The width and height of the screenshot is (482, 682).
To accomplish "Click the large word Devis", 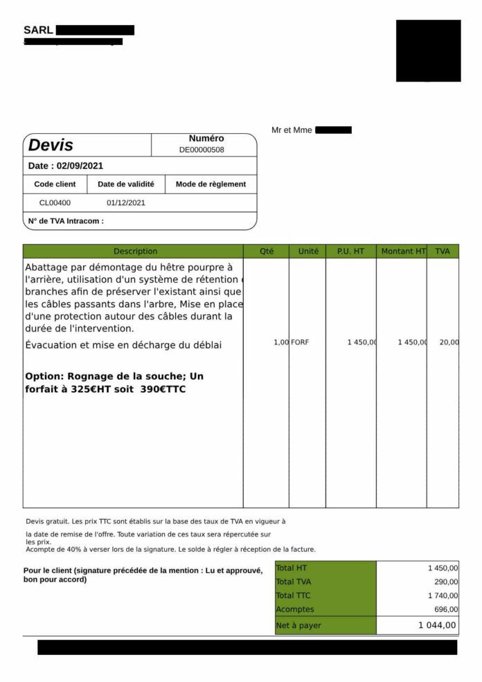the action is click(x=51, y=145).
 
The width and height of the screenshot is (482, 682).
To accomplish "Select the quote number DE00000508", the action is click(x=202, y=149).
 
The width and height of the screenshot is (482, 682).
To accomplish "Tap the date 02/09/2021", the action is click(x=80, y=166).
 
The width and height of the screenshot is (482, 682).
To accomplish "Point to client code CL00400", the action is click(x=55, y=203).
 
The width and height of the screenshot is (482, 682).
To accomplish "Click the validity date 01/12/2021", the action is click(x=126, y=203).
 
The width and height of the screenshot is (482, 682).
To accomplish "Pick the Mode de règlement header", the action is click(x=211, y=184).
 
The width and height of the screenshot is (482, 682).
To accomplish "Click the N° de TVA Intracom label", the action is click(x=66, y=221).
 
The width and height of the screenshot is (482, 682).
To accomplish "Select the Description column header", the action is click(x=136, y=251).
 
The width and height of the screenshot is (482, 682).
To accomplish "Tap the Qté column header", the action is click(x=267, y=251).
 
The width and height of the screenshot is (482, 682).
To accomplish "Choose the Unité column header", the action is click(x=308, y=251).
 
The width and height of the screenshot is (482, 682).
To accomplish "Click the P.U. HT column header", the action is click(x=350, y=251).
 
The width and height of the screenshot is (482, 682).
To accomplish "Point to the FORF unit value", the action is click(x=300, y=342).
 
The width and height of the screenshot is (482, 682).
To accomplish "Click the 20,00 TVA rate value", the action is click(x=449, y=342).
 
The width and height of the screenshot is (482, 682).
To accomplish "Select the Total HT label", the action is click(x=292, y=568).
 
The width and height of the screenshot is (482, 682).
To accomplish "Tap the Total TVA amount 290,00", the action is click(x=443, y=582).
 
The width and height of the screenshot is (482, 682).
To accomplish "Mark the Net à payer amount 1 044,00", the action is click(x=437, y=625).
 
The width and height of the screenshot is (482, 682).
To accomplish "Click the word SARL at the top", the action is click(x=38, y=30).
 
